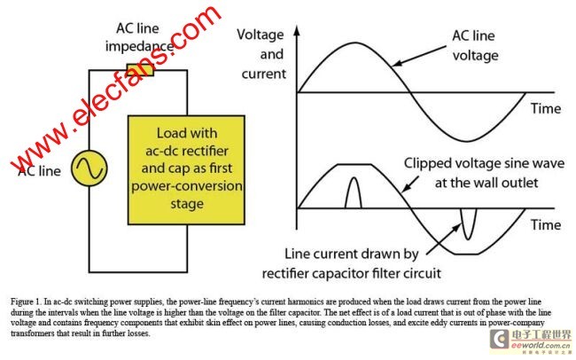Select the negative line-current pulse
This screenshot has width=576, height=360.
click(x=466, y=225)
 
